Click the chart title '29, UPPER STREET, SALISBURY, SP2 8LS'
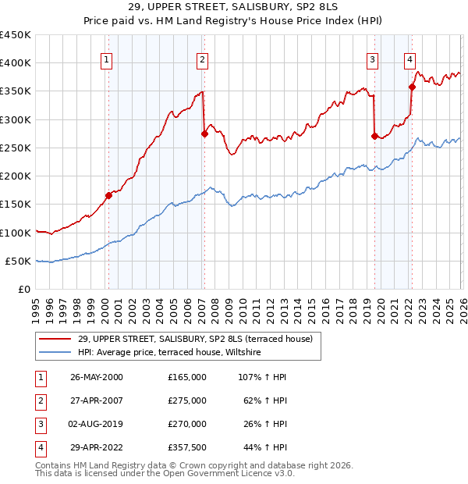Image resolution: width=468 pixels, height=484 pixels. [x=234, y=7]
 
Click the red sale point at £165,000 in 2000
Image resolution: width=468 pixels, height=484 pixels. [x=109, y=196]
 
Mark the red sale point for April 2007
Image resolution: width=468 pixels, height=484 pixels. [x=204, y=133]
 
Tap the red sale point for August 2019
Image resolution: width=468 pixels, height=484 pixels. [x=374, y=137]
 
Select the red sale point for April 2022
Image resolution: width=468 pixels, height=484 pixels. [x=412, y=87]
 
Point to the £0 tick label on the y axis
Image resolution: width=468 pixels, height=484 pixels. [x=23, y=290]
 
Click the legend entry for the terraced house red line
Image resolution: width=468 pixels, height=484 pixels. [x=195, y=339]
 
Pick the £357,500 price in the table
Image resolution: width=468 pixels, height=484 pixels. [x=186, y=447]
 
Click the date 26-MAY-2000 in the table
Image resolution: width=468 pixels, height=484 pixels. [x=97, y=377]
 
